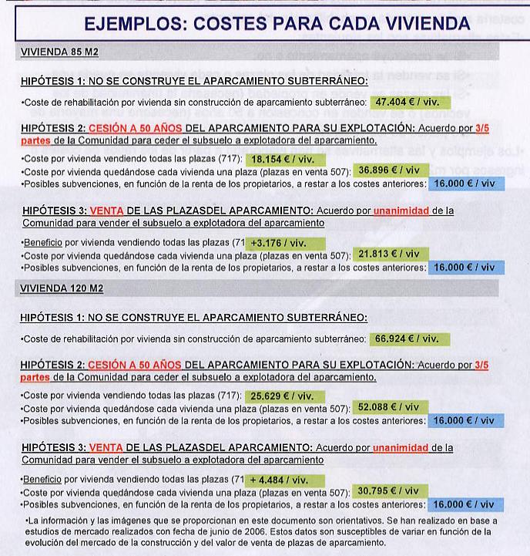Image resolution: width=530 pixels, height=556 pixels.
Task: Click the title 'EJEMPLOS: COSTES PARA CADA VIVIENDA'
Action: pos(265,24)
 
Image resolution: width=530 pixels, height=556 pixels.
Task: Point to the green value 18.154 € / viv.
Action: pos(283,158)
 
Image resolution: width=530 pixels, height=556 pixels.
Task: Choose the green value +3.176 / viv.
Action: pos(283,242)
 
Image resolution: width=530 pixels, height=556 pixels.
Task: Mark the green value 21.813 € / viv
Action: pos(390,254)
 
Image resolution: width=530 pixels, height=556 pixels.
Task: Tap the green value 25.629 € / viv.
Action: pos(283,396)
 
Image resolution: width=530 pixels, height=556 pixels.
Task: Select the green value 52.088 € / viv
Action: pos(390,407)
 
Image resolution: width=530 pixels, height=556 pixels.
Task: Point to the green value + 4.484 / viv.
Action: pos(283,480)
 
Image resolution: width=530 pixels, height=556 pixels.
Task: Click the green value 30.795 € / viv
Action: pos(390,491)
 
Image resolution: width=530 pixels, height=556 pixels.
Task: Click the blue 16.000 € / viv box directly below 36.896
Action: pos(465,184)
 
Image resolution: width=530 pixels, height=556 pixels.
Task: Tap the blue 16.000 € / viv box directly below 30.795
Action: pos(465,504)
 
